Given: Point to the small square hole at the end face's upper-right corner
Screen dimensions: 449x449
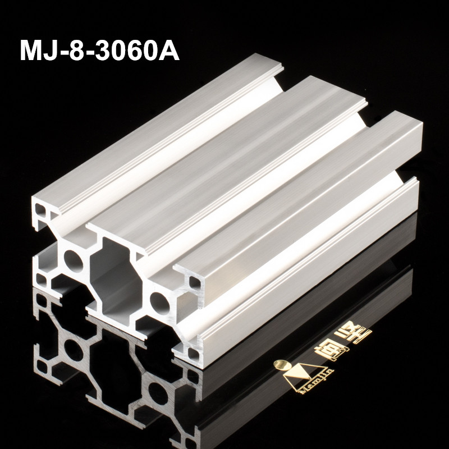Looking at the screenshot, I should coord(193,282).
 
